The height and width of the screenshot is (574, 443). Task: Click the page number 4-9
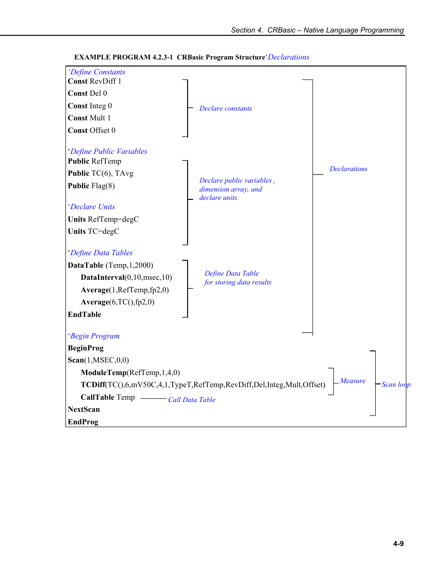pyautogui.click(x=398, y=543)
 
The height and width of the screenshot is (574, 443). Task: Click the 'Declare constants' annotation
pyautogui.click(x=226, y=108)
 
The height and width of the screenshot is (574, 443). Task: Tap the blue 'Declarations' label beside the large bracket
pyautogui.click(x=348, y=169)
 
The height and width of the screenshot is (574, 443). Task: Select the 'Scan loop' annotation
pyautogui.click(x=396, y=384)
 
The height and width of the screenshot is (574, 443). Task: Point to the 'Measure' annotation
pyautogui.click(x=352, y=381)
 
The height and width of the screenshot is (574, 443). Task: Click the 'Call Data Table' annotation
pyautogui.click(x=192, y=400)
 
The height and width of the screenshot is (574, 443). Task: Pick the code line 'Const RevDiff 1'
pyautogui.click(x=95, y=81)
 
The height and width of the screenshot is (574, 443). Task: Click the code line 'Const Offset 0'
pyautogui.click(x=91, y=131)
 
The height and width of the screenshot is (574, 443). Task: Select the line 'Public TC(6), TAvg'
pyautogui.click(x=101, y=173)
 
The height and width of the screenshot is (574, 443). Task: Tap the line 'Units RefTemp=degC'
pyautogui.click(x=104, y=219)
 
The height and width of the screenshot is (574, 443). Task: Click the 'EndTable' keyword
pyautogui.click(x=85, y=315)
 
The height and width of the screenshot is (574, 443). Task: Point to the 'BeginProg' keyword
pyautogui.click(x=86, y=348)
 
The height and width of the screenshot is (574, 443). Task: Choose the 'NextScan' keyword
pyautogui.click(x=84, y=409)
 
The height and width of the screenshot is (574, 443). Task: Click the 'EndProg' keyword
pyautogui.click(x=83, y=422)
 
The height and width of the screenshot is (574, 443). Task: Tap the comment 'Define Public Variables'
pyautogui.click(x=108, y=152)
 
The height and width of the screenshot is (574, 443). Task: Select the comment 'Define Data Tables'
pyautogui.click(x=101, y=253)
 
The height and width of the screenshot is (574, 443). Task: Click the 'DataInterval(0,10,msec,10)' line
pyautogui.click(x=126, y=277)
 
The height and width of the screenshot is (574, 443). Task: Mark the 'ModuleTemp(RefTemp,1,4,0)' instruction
pyautogui.click(x=130, y=373)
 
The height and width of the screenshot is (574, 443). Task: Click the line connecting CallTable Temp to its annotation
pyautogui.click(x=153, y=398)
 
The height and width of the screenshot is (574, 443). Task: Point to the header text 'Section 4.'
pyautogui.click(x=247, y=30)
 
